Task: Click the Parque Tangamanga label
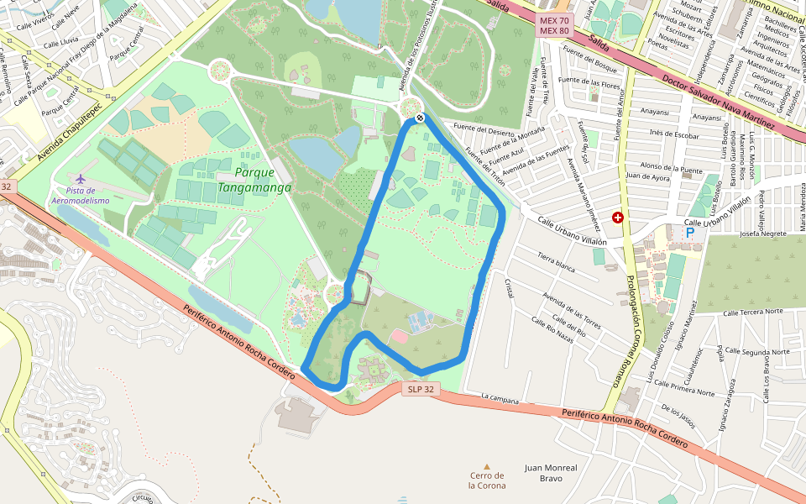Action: pos(254,180)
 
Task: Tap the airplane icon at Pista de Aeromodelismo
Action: pos(80,179)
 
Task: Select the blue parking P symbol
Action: pos(690,233)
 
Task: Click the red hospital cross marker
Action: pos(618,218)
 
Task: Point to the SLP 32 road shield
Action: pos(421,389)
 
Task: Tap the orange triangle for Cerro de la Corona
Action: pos(486,466)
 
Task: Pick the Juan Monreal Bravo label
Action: pos(550,473)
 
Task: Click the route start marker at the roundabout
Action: pos(419,118)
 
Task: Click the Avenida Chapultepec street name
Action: pos(69,133)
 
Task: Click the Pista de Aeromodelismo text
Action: pos(81,196)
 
